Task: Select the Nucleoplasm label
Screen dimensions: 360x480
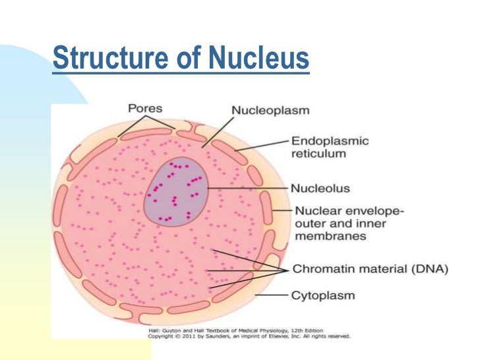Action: (271, 111)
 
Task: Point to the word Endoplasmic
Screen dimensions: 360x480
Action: (330, 141)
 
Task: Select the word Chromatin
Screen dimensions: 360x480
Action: (320, 270)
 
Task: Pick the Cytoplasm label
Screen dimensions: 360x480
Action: (322, 296)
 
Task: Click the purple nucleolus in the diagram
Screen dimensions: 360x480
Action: (175, 192)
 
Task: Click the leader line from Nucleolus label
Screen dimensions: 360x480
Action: (247, 189)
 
